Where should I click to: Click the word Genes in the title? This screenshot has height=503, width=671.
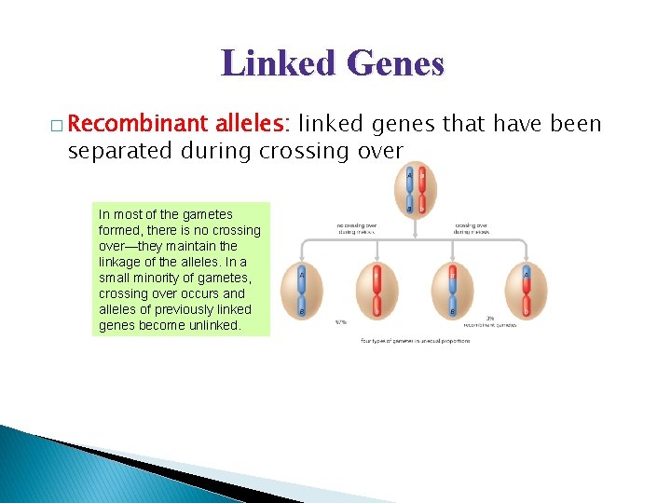(391, 63)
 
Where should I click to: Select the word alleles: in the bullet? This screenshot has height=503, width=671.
(253, 124)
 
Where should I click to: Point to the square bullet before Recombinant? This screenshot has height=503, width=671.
(59, 126)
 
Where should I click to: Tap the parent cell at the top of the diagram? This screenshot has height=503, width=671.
(415, 192)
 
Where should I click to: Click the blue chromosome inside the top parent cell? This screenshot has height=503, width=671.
(408, 192)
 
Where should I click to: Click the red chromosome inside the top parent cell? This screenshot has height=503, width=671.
(422, 192)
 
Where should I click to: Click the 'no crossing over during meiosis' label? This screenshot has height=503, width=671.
(358, 228)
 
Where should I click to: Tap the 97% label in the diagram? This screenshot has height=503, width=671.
(342, 323)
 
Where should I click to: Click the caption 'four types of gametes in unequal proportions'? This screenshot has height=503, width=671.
(415, 341)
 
